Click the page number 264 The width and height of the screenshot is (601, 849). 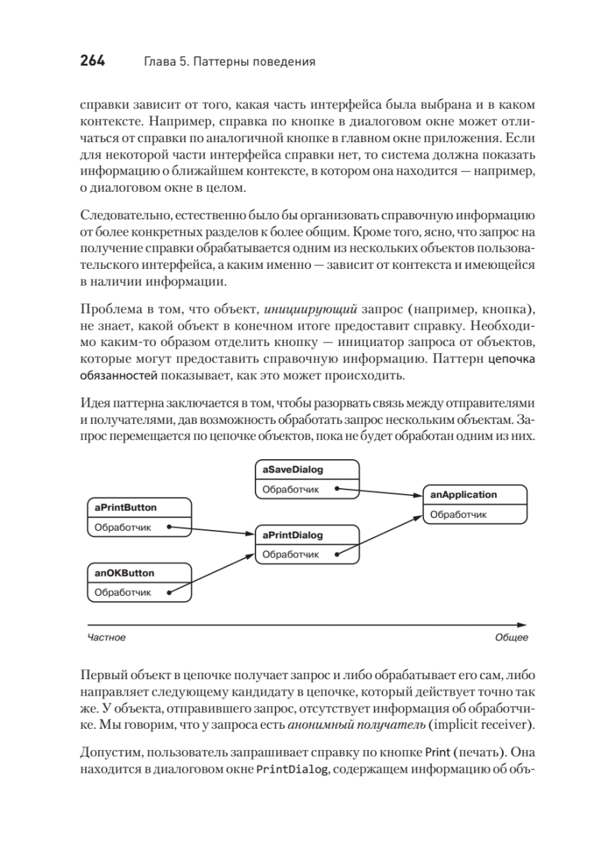[91, 62]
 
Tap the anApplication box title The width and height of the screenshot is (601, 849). [464, 495]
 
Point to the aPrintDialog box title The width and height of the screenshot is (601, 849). [292, 536]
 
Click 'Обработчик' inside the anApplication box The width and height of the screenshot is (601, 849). [459, 514]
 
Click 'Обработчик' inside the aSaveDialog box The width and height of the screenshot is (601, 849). [291, 489]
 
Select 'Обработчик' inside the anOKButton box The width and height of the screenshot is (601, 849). [123, 592]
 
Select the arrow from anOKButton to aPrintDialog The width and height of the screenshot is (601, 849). [212, 574]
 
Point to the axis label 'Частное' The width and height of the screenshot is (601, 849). [106, 637]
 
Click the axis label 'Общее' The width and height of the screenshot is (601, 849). [511, 637]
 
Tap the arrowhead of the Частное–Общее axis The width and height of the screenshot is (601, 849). [522, 625]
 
